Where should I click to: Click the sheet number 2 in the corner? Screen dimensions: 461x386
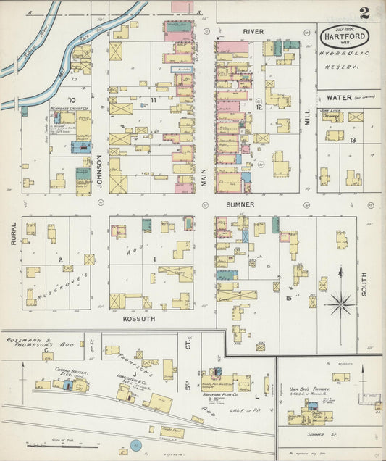pos(364,12)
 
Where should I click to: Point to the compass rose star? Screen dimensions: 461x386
pos(340,304)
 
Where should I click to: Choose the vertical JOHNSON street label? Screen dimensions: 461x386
pos(100,174)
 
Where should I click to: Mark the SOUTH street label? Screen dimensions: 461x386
pos(364,283)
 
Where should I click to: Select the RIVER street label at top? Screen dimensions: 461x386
pos(253,32)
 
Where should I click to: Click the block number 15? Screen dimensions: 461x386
pos(288,298)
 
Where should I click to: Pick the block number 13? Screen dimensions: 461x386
pos(352,140)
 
